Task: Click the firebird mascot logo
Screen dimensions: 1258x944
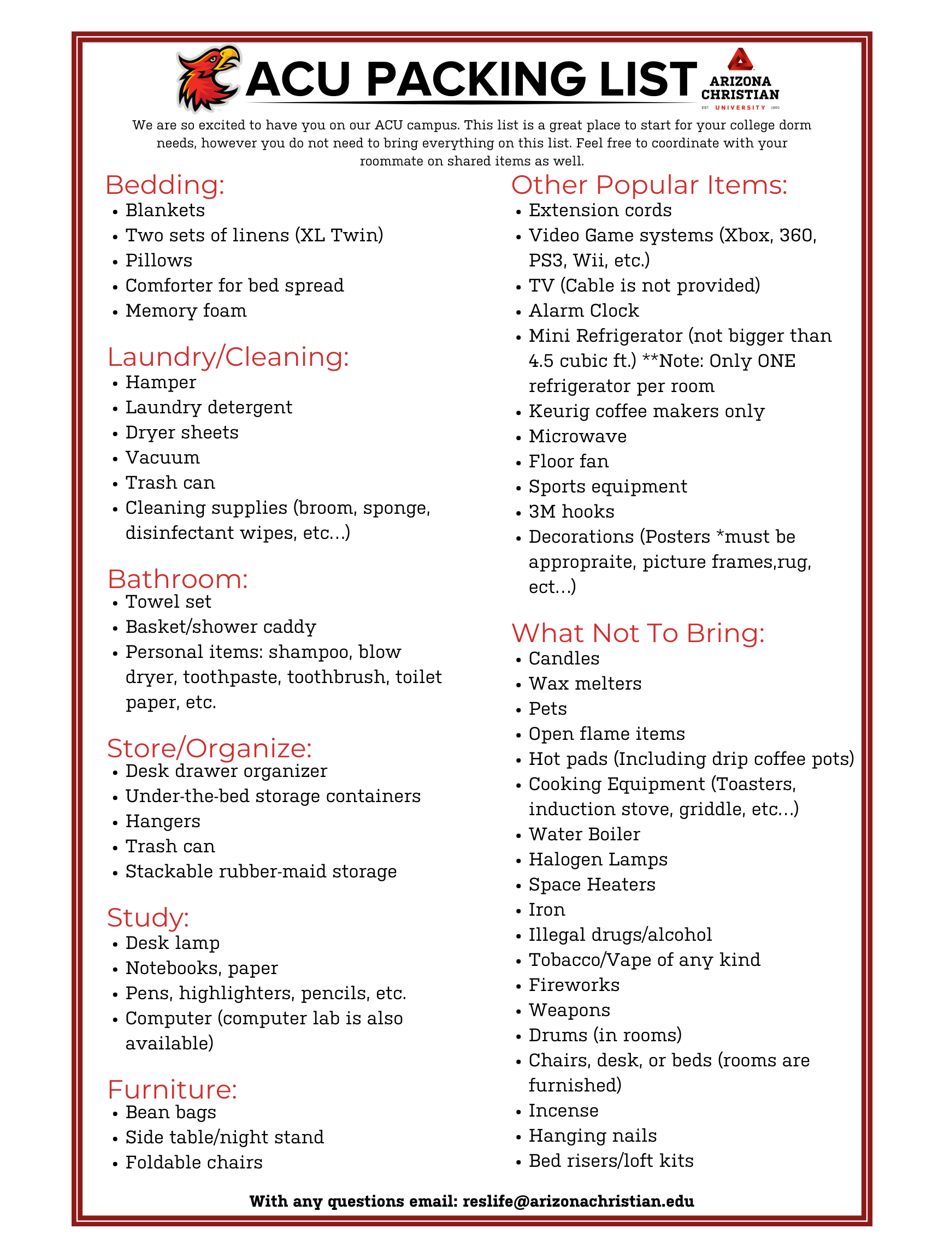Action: (208, 78)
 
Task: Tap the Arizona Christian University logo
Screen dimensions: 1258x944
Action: (740, 79)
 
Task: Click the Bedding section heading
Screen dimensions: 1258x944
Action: (165, 186)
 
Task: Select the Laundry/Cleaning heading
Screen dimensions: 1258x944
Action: (228, 357)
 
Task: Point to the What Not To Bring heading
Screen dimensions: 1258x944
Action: (638, 633)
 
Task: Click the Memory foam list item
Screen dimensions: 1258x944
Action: (186, 311)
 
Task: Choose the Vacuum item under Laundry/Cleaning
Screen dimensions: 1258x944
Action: (163, 458)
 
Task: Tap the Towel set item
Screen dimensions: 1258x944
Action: (168, 602)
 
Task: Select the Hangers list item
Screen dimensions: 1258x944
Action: (163, 821)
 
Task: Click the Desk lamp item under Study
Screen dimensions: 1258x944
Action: (173, 943)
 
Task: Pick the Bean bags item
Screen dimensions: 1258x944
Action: (170, 1112)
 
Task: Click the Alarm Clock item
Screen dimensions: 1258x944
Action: (584, 311)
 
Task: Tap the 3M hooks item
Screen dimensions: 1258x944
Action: (571, 512)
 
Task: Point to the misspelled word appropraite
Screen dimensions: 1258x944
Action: (580, 562)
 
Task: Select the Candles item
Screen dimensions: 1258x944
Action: (564, 658)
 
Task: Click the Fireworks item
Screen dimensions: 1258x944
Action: (574, 985)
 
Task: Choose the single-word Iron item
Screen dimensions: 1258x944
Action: (547, 910)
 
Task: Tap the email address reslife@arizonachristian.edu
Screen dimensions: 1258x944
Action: (578, 1201)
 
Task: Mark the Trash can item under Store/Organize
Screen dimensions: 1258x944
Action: (170, 846)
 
